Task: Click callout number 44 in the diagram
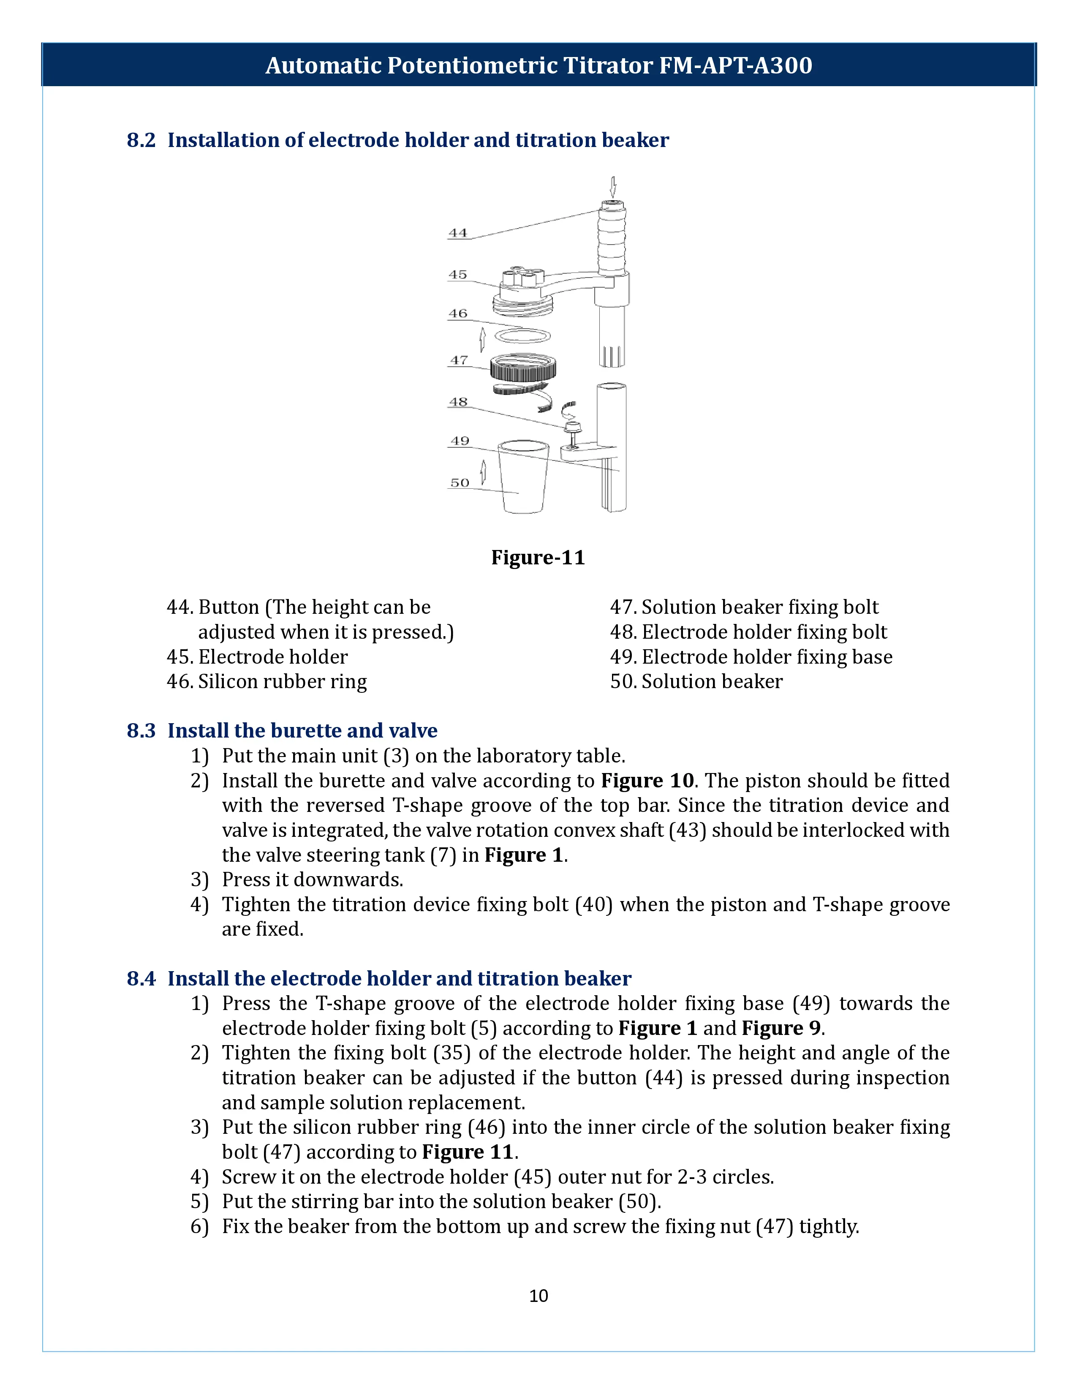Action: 457,233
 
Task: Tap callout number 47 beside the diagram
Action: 459,360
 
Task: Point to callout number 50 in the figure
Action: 460,483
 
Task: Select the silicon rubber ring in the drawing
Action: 522,336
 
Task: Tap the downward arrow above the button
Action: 613,187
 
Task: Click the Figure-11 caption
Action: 538,557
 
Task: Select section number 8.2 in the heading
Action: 141,140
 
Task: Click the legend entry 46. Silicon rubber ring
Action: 267,682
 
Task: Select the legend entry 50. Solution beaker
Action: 696,682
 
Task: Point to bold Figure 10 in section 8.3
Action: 647,781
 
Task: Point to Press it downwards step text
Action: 313,879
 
